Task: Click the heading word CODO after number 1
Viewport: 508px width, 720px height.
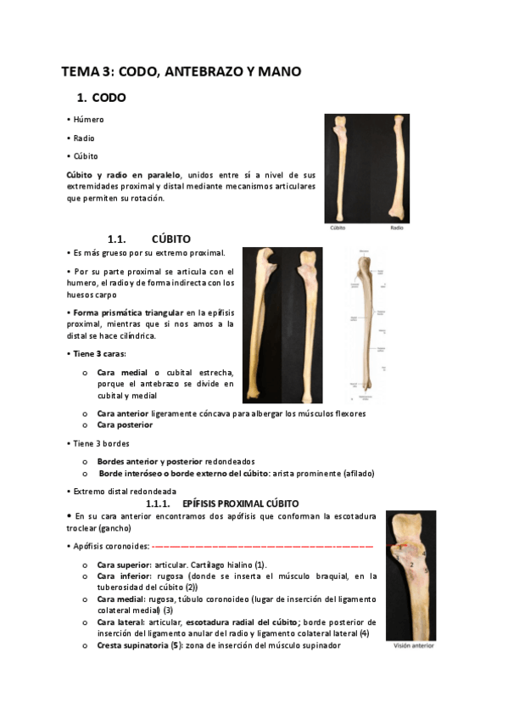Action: tap(109, 98)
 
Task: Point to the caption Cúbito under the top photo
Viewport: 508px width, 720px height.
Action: tap(338, 228)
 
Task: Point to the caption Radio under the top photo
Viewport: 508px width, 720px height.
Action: tap(397, 228)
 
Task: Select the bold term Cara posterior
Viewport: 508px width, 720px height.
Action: tap(125, 425)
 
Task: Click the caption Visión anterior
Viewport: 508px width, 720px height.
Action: tap(412, 645)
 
